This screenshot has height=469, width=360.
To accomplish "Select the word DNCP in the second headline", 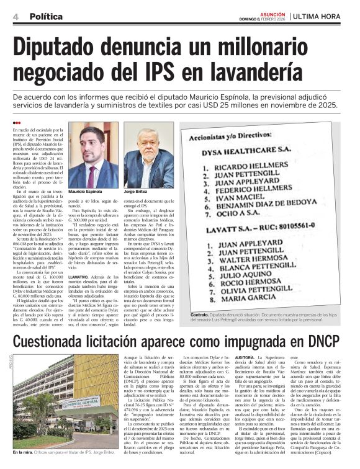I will [x=321, y=341].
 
